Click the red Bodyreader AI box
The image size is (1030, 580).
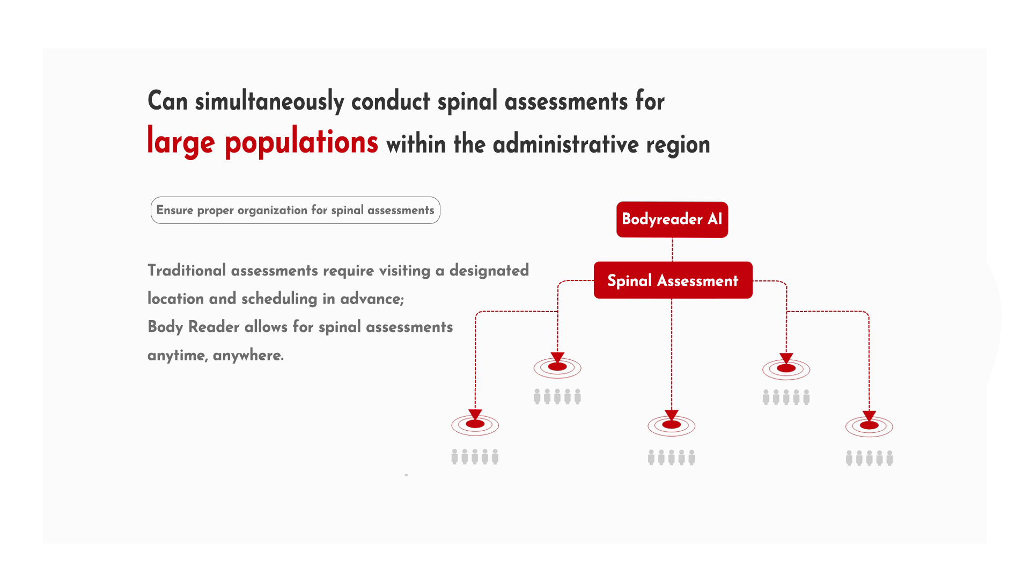coord(672,220)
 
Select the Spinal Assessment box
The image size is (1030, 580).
coord(673,280)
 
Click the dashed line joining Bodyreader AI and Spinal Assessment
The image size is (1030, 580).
coord(672,250)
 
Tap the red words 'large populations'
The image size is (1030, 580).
coord(263,142)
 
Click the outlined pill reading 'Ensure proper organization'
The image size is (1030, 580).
coord(296,210)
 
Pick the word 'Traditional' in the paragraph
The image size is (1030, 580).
coord(187,270)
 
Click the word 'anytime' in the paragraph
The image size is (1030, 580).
coord(178,356)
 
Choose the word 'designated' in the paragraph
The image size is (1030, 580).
coord(489,271)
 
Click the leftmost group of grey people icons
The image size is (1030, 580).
coord(475,456)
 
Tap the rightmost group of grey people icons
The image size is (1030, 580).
coord(870,458)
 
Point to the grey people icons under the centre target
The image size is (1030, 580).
coord(672,458)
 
